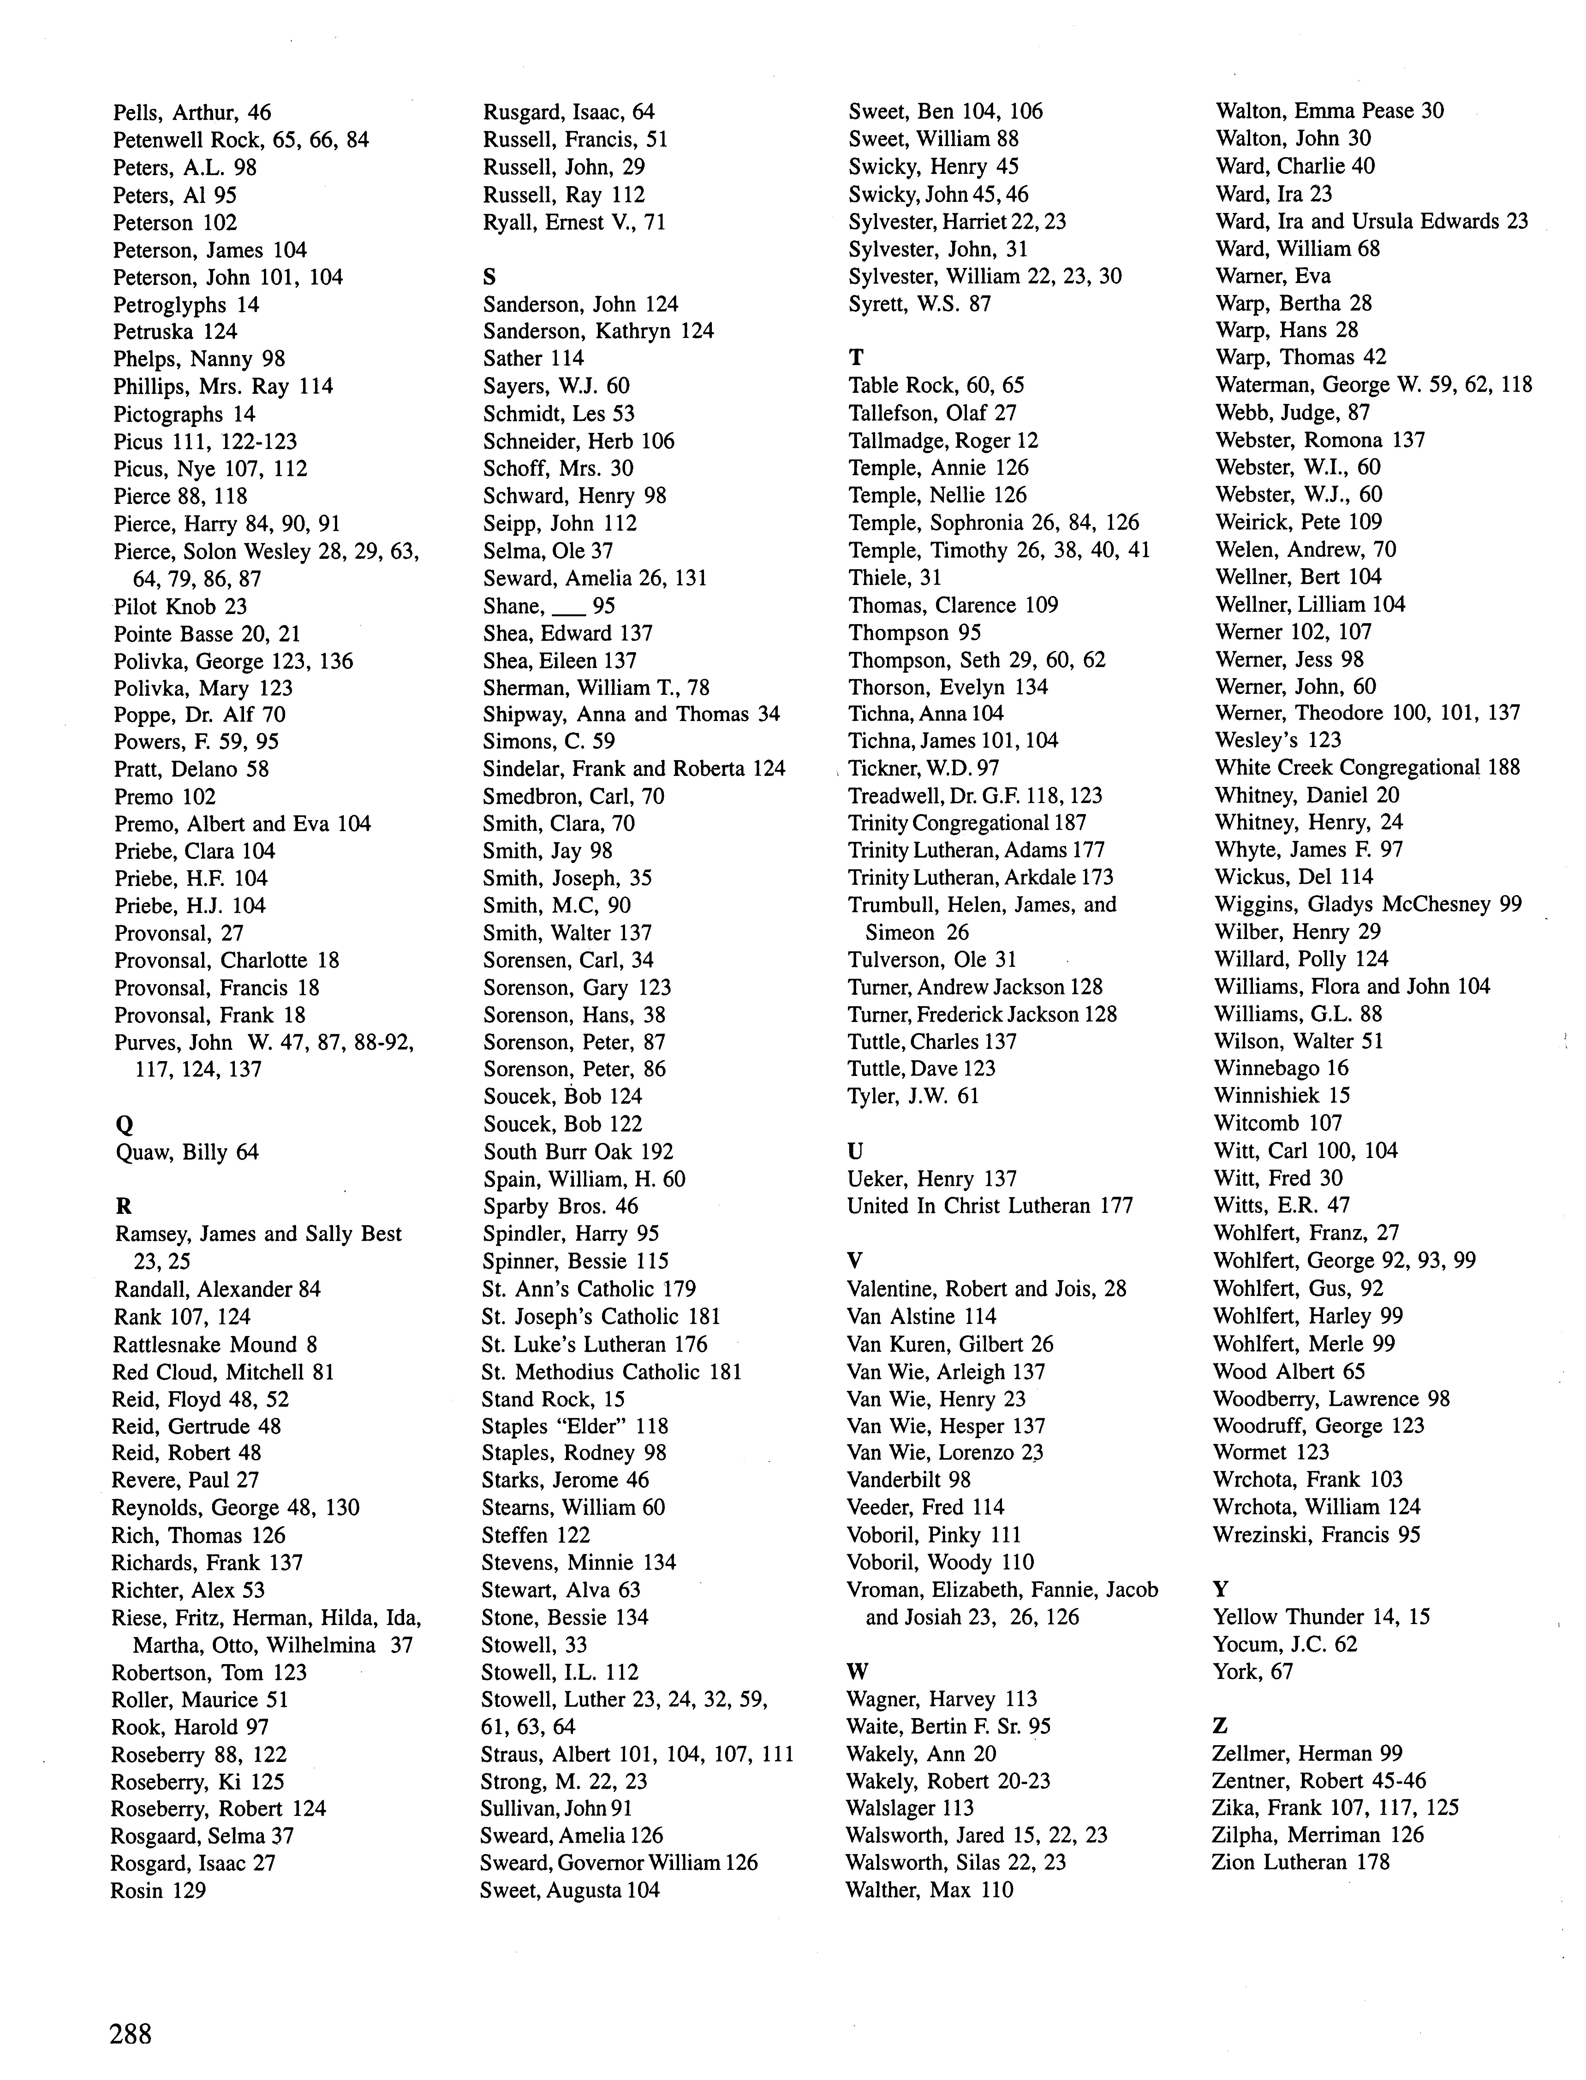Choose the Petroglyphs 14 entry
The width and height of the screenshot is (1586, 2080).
(x=186, y=305)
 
